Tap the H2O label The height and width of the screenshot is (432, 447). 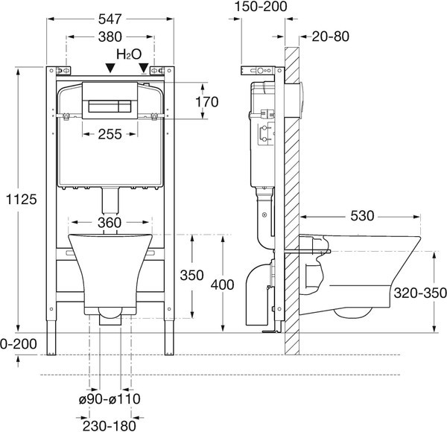(127, 56)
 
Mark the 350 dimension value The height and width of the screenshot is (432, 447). (192, 275)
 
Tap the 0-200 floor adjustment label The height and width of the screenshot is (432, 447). (16, 344)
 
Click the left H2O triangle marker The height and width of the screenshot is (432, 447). (110, 68)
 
